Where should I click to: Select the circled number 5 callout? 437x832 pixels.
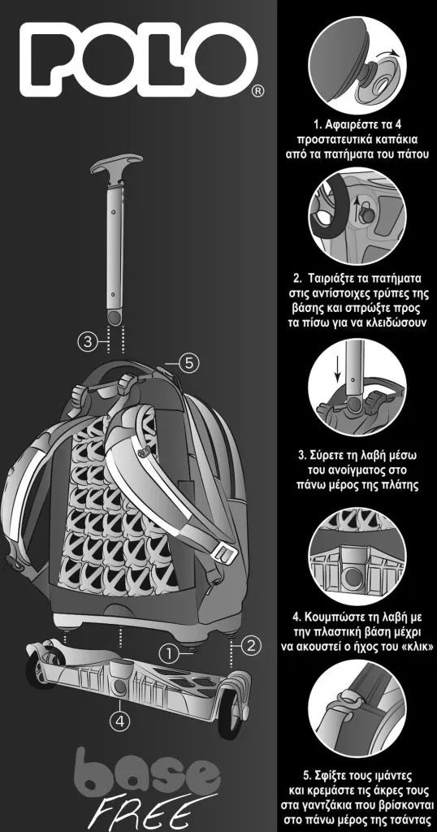tap(189, 363)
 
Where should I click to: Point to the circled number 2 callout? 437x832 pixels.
tap(251, 645)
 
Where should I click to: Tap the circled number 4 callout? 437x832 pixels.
tap(120, 721)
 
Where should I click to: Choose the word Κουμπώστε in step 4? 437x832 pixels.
tap(333, 617)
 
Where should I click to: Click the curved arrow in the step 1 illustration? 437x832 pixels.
tap(389, 54)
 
